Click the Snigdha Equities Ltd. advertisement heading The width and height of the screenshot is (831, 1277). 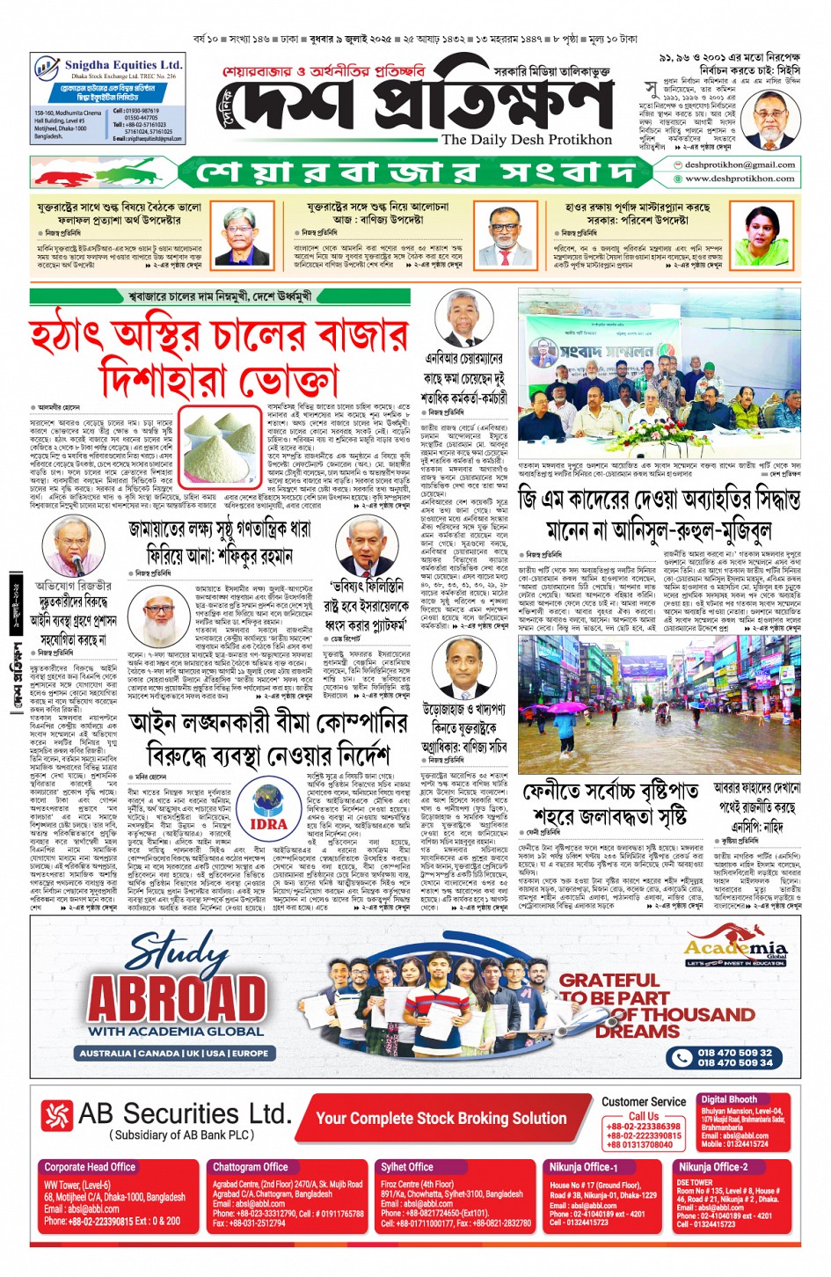123,65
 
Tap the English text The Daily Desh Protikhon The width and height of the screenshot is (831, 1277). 526,140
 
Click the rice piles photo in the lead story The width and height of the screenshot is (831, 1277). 222,448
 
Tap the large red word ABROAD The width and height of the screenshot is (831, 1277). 178,998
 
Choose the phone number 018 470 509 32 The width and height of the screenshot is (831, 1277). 734,1053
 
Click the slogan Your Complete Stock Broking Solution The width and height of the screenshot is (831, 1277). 441,1118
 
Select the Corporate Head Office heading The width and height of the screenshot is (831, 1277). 90,1167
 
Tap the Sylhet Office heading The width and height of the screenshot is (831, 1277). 407,1167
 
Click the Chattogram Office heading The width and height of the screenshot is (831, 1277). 251,1167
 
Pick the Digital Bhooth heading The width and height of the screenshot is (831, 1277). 729,1099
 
